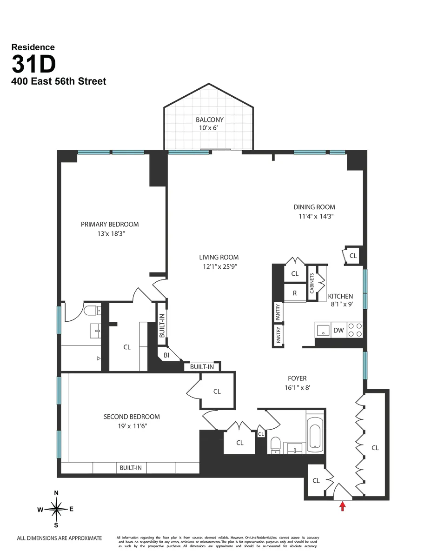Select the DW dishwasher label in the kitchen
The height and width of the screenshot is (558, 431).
[x=338, y=330]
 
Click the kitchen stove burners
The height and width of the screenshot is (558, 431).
[x=356, y=330]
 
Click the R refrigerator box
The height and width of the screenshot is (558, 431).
[x=295, y=293]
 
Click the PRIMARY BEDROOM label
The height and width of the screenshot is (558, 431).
[x=110, y=224]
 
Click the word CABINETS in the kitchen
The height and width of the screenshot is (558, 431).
[x=312, y=284]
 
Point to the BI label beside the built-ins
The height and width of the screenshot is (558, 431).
[x=166, y=355]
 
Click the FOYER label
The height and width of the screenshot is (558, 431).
[x=297, y=379]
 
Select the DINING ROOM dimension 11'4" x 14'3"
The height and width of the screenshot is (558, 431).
[x=314, y=216]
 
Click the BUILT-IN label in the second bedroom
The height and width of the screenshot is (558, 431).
[x=130, y=468]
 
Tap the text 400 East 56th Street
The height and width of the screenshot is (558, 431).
[x=59, y=81]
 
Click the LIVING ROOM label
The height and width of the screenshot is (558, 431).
[x=219, y=257]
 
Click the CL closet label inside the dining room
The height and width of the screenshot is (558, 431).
[x=353, y=256]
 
